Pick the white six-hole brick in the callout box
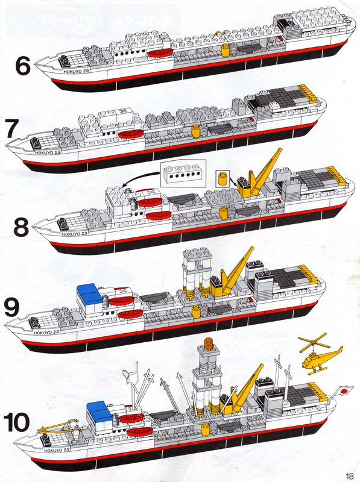(x=182, y=175)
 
